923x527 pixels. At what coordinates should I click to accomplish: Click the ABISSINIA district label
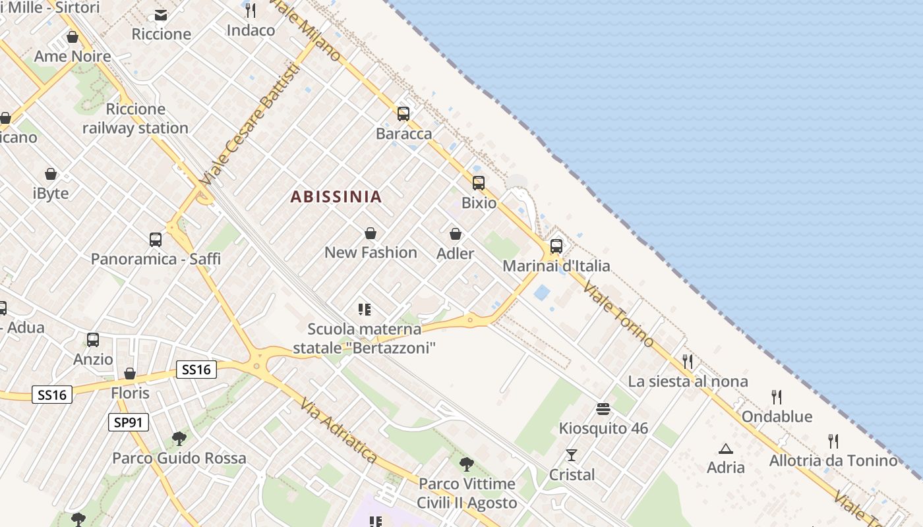336,196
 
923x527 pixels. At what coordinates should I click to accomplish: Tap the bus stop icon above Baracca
403,114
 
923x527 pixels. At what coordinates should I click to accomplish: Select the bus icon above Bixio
479,183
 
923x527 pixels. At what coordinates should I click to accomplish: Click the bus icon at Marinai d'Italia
556,246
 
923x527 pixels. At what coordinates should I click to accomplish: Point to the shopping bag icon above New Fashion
371,233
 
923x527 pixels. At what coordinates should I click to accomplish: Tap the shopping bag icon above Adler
456,234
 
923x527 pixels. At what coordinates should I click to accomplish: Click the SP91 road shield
129,422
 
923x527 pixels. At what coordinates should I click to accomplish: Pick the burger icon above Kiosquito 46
603,409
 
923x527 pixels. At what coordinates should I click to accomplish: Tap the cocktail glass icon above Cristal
572,455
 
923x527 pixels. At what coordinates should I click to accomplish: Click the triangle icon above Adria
726,449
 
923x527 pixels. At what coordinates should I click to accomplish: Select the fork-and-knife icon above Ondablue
777,397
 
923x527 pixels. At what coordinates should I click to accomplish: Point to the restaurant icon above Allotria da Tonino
833,441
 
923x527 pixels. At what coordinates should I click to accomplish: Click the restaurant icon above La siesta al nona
688,361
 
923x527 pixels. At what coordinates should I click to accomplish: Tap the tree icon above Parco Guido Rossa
179,438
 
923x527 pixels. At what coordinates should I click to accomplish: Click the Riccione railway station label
135,119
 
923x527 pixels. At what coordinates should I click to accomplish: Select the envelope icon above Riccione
161,14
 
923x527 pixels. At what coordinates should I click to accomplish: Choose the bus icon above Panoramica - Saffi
156,240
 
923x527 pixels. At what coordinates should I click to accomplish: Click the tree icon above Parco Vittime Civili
467,464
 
